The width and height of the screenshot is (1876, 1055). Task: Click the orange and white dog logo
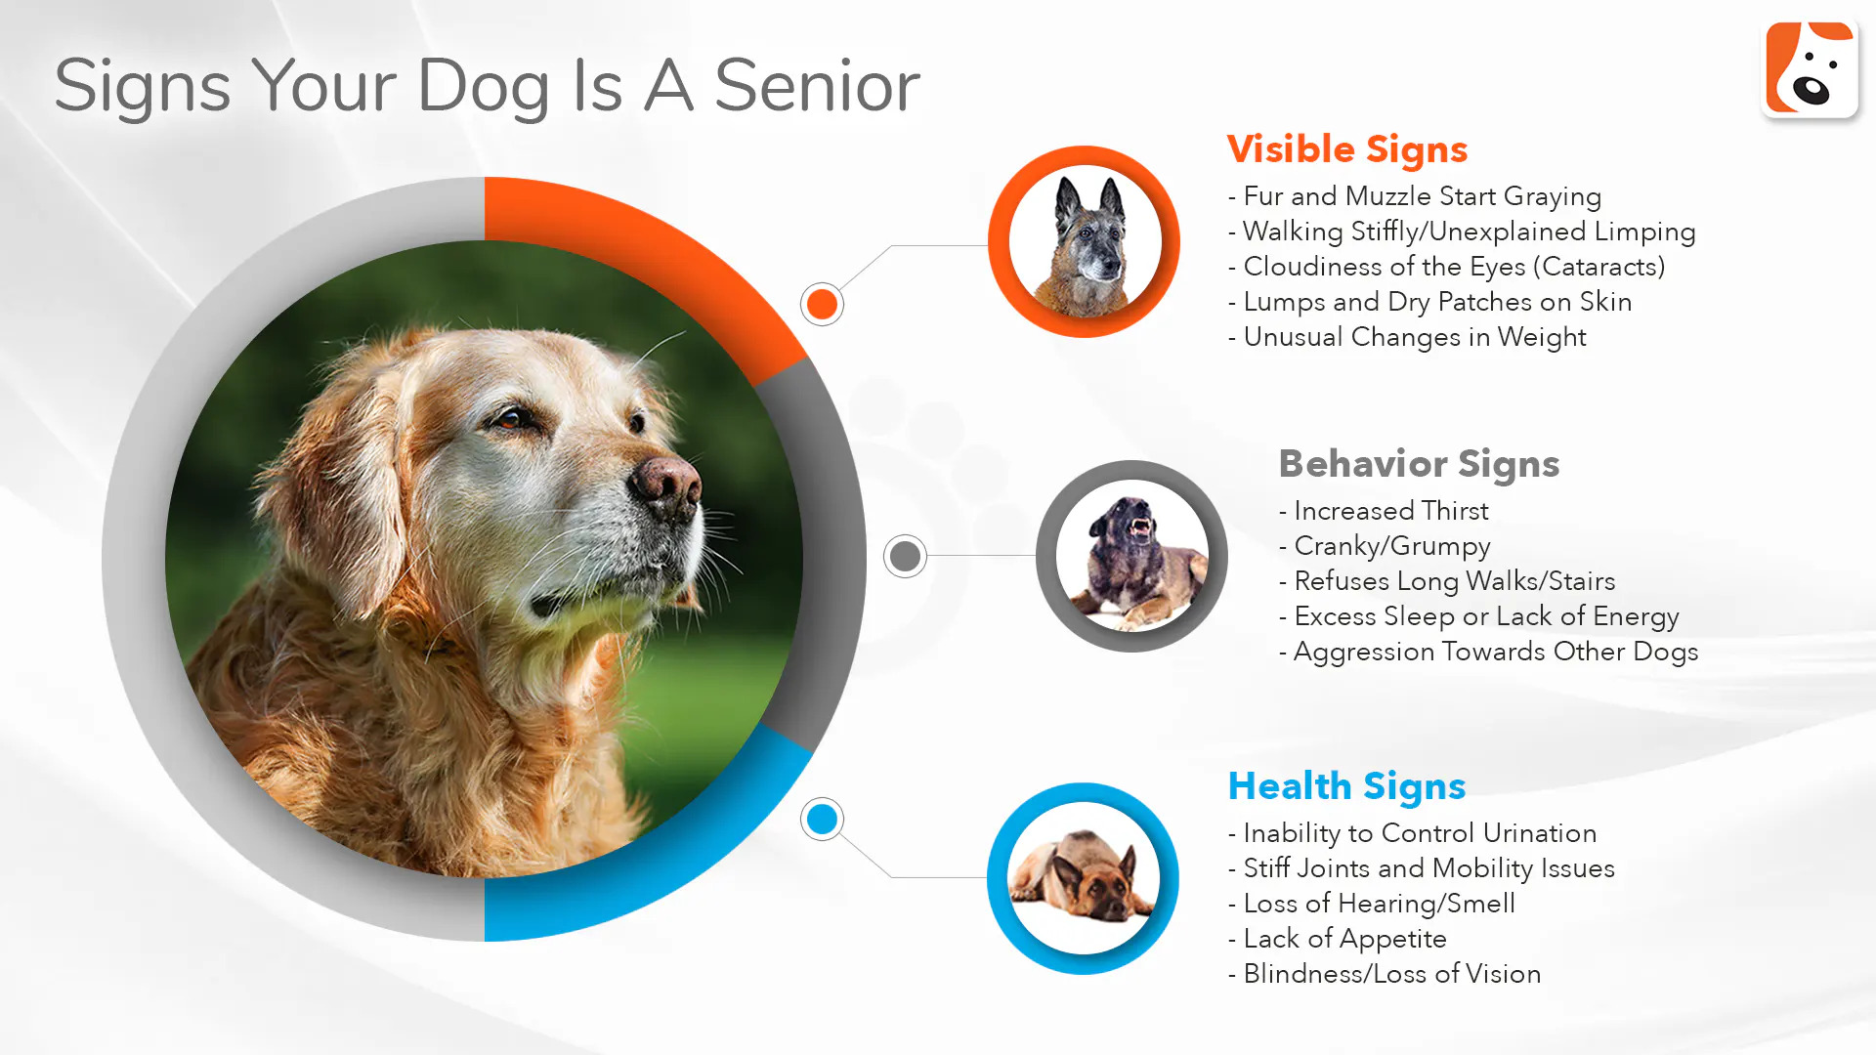[x=1810, y=68]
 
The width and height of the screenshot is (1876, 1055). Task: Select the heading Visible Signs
[x=1347, y=150]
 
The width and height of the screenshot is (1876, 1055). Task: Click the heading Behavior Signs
[x=1419, y=465]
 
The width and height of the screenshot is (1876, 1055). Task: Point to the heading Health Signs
[x=1346, y=786]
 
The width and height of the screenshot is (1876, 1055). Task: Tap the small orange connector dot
[x=822, y=304]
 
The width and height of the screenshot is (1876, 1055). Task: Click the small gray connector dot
[x=905, y=556]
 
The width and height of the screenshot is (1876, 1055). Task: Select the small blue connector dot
[x=822, y=819]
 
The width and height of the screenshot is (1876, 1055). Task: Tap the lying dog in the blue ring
[x=1082, y=876]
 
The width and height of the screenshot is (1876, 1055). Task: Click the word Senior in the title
[x=817, y=86]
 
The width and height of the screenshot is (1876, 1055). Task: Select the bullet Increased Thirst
[x=1384, y=511]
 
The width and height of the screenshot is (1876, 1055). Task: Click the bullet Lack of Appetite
[x=1338, y=940]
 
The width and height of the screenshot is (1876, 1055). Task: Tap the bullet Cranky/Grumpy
[x=1385, y=547]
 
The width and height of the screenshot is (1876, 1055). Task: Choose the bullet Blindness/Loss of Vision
[x=1385, y=974]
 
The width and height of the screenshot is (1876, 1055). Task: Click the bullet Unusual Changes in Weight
[x=1407, y=338]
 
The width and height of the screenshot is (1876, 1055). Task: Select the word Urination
[x=1539, y=833]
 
